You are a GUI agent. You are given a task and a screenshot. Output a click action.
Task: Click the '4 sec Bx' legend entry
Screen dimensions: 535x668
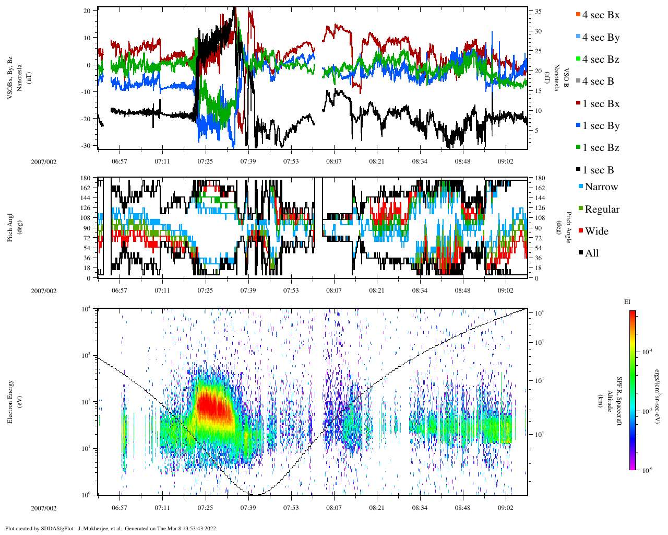600,15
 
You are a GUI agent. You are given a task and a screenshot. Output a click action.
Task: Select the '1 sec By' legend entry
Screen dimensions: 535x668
601,126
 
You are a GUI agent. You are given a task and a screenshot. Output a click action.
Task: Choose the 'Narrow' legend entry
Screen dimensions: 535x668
601,187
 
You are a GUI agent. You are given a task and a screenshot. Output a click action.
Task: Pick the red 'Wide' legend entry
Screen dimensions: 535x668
597,231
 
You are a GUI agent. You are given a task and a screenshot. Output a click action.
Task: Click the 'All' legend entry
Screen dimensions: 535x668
591,253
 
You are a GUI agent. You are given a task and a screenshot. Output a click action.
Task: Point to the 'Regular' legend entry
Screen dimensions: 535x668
602,210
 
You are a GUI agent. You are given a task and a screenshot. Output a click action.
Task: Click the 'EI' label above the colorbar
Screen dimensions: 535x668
627,302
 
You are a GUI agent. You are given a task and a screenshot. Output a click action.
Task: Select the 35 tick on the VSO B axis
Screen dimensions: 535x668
538,11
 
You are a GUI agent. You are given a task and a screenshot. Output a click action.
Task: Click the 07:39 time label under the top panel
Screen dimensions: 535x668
248,161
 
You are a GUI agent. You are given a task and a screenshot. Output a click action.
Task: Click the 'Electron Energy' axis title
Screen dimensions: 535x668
11,401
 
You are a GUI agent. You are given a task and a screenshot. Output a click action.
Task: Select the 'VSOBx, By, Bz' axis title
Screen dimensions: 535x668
11,78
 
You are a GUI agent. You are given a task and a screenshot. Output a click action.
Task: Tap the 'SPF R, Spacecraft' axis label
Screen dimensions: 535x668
619,401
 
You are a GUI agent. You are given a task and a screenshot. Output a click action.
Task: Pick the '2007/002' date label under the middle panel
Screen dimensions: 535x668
44,291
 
